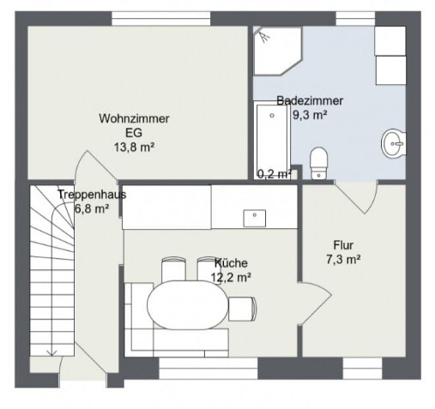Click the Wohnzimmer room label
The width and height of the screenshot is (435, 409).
(x=134, y=118)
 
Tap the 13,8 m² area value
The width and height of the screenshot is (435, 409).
(x=134, y=147)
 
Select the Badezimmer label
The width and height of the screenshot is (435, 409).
(x=310, y=100)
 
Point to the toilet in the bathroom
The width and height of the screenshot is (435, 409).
(x=318, y=163)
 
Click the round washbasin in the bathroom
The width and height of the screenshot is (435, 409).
(x=394, y=143)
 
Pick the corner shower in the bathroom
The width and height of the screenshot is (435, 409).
(x=277, y=51)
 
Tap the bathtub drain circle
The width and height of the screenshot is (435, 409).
(x=272, y=116)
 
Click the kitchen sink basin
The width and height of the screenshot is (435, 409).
(x=255, y=218)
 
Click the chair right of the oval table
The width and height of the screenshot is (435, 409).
(x=242, y=309)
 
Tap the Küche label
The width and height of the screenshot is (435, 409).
(x=231, y=263)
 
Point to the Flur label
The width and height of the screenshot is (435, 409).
(x=343, y=245)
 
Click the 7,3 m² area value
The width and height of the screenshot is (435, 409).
(x=343, y=260)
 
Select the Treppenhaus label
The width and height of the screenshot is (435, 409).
(x=92, y=195)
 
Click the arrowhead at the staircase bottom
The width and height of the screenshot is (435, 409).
(x=51, y=353)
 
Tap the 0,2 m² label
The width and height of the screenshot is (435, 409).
(x=275, y=174)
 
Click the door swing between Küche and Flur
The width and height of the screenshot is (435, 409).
(x=315, y=304)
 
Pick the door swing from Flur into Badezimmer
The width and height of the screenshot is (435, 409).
(x=356, y=196)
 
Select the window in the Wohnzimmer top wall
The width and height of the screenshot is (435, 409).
(x=161, y=19)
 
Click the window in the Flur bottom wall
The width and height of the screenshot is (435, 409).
(x=362, y=369)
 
